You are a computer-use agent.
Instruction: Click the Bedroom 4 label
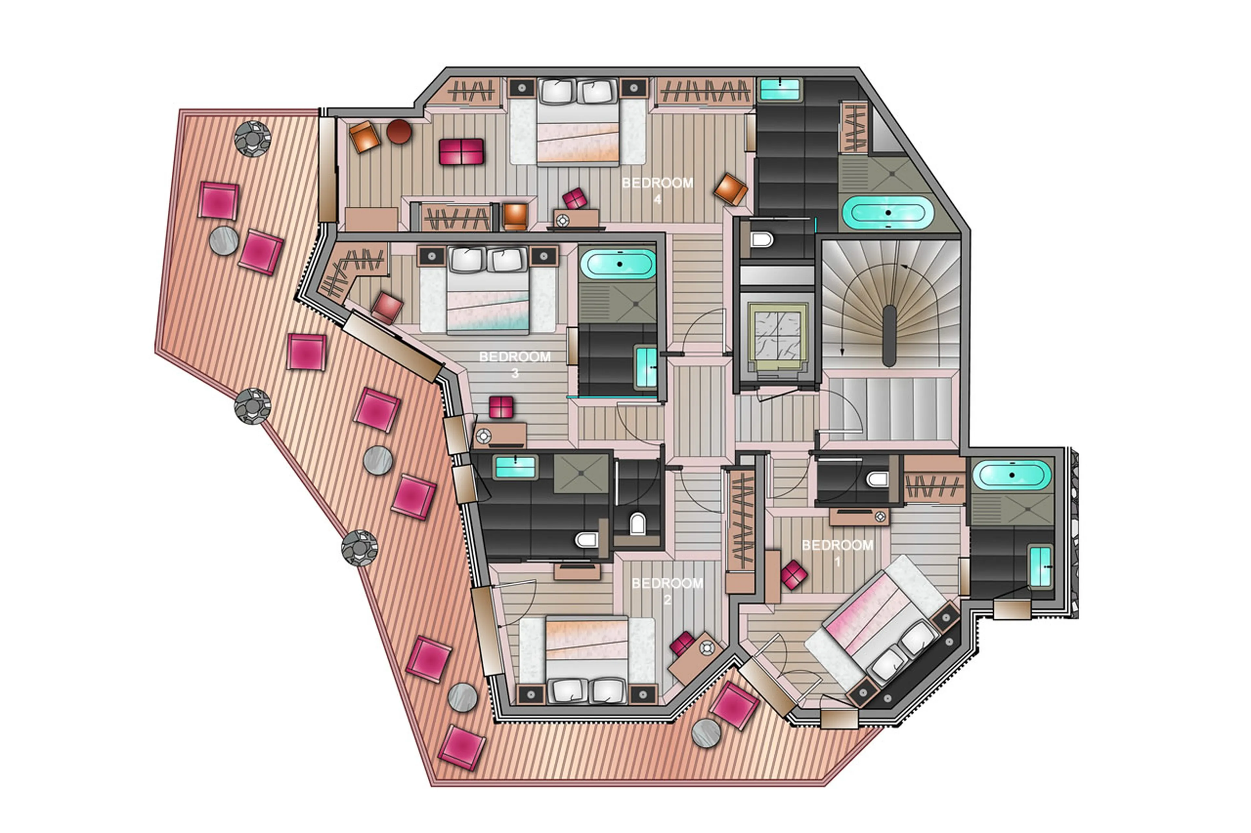[x=657, y=190]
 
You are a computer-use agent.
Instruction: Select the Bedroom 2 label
[x=667, y=591]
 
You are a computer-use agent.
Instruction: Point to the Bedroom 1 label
[x=837, y=552]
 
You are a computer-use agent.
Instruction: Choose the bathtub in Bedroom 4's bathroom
[x=888, y=213]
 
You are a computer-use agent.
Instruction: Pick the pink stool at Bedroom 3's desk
[x=501, y=408]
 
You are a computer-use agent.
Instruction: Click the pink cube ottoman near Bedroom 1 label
[x=794, y=575]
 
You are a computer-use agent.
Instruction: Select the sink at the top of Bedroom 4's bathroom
[x=779, y=89]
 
